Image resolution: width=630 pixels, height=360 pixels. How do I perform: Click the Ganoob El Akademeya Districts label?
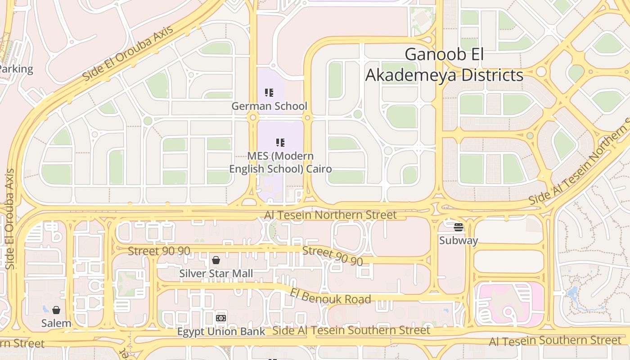pyautogui.click(x=444, y=64)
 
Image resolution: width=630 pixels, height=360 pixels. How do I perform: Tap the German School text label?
pyautogui.click(x=269, y=106)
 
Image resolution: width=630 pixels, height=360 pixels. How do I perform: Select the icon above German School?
pyautogui.click(x=269, y=93)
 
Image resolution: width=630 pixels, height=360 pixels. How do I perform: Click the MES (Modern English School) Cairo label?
pyautogui.click(x=280, y=162)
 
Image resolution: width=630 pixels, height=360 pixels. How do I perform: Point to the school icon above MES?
pyautogui.click(x=280, y=143)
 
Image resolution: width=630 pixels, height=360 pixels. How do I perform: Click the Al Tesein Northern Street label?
pyautogui.click(x=330, y=215)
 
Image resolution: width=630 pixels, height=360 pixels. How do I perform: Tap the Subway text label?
pyautogui.click(x=458, y=240)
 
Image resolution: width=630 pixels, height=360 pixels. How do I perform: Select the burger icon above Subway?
pyautogui.click(x=459, y=227)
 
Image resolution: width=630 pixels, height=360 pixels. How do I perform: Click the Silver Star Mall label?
pyautogui.click(x=216, y=274)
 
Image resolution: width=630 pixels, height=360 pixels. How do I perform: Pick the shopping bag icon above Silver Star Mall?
pyautogui.click(x=216, y=260)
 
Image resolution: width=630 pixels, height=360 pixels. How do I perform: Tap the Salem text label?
pyautogui.click(x=56, y=323)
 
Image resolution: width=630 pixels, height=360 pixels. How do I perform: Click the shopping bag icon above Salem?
pyautogui.click(x=56, y=310)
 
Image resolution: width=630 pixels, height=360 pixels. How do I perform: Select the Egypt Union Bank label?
pyautogui.click(x=221, y=332)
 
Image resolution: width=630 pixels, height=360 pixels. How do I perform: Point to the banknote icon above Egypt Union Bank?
pyautogui.click(x=221, y=318)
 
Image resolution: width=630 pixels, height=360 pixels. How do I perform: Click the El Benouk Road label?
pyautogui.click(x=330, y=297)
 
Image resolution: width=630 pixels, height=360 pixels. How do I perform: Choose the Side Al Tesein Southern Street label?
pyautogui.click(x=351, y=330)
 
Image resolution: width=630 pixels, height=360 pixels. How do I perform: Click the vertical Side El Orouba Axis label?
pyautogui.click(x=9, y=219)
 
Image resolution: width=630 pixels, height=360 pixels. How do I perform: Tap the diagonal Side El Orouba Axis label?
pyautogui.click(x=128, y=54)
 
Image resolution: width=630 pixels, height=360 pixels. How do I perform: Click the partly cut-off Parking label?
pyautogui.click(x=16, y=69)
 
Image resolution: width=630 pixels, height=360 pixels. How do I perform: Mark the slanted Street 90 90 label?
pyautogui.click(x=333, y=256)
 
